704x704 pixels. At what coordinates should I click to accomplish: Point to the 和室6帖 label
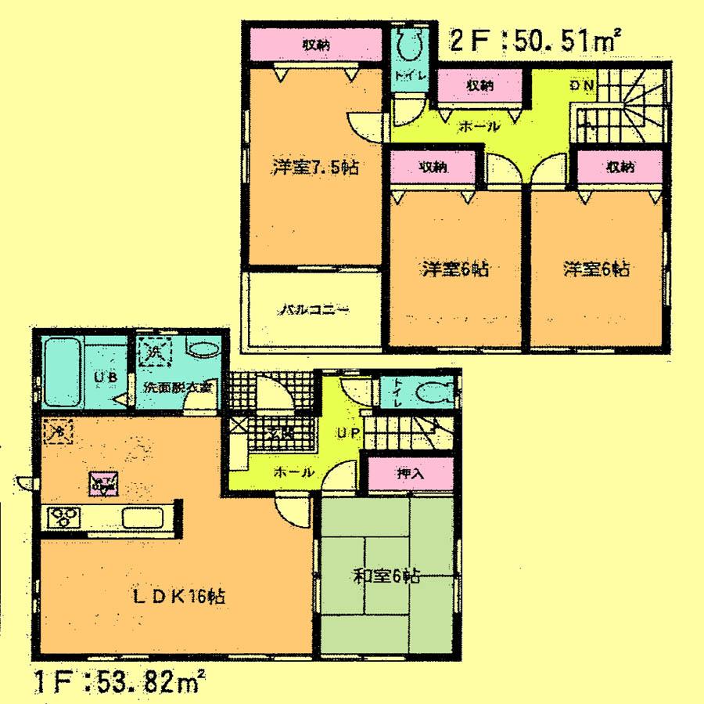click(x=386, y=577)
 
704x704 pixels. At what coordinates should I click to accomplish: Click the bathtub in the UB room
click(x=63, y=371)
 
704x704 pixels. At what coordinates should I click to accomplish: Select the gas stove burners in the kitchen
click(x=65, y=517)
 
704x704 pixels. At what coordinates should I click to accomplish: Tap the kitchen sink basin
click(x=142, y=518)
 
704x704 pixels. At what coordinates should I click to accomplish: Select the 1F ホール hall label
click(x=294, y=472)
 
